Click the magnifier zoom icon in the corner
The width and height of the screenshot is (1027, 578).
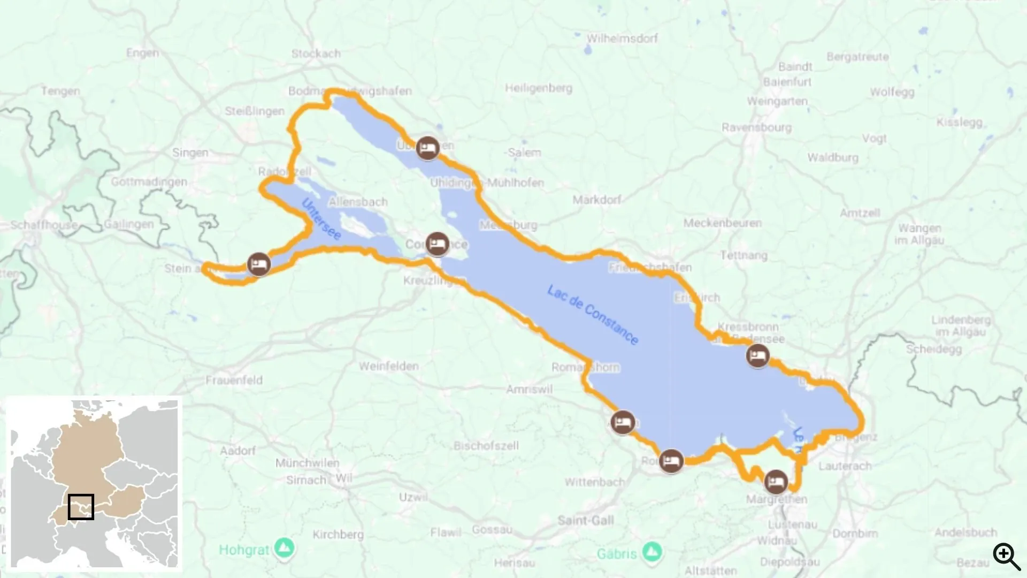pos(1006,556)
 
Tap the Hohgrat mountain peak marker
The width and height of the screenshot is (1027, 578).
pos(284,548)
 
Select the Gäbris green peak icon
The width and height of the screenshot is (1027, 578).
pos(651,552)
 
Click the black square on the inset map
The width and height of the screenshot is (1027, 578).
pos(81,506)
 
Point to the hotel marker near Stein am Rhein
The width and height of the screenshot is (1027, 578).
pos(259,264)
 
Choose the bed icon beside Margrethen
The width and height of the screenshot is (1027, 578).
pos(776,482)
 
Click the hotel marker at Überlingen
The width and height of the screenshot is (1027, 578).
pos(427,148)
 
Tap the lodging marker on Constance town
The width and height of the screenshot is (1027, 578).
pos(438,245)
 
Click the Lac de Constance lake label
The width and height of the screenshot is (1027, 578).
pos(593,315)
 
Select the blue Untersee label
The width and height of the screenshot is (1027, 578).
pos(321,219)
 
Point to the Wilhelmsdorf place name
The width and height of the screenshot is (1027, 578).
pos(622,39)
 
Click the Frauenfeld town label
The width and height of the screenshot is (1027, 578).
pos(234,381)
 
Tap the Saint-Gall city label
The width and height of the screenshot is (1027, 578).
pos(586,520)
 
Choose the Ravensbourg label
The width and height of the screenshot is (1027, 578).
pos(756,127)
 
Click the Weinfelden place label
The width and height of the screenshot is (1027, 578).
pos(389,367)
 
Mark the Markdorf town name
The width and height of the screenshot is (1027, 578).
pos(597,200)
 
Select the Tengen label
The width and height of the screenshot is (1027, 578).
pos(60,91)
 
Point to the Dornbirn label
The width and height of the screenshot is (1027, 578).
pos(855,534)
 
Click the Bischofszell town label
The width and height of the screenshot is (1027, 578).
pos(486,445)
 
